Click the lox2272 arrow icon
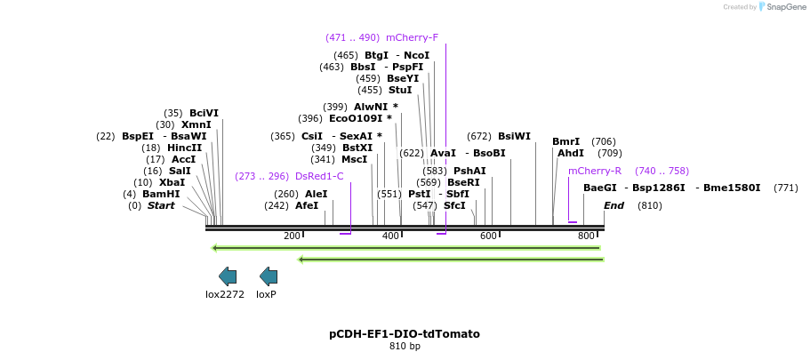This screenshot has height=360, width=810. click(x=228, y=276)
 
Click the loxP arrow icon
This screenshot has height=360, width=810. click(x=269, y=276)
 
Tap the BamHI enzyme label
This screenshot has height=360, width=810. click(x=161, y=194)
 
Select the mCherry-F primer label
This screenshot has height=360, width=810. click(x=412, y=37)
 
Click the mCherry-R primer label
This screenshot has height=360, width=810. click(x=595, y=171)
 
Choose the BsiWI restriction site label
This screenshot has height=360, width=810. click(x=514, y=136)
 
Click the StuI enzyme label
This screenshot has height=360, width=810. click(x=400, y=90)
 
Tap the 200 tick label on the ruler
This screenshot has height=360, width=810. click(x=292, y=236)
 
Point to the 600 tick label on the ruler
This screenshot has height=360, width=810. click(x=488, y=236)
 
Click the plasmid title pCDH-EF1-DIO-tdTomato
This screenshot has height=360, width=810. click(x=405, y=334)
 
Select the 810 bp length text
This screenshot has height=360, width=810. click(x=405, y=346)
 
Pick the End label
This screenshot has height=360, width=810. click(x=614, y=205)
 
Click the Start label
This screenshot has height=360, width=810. click(x=161, y=205)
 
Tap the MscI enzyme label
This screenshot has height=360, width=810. click(x=354, y=159)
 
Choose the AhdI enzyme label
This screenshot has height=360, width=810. click(x=571, y=153)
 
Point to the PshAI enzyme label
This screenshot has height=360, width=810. click(x=469, y=171)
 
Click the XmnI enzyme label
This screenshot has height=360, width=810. click(x=196, y=124)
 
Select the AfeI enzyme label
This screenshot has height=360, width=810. click(x=307, y=205)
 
